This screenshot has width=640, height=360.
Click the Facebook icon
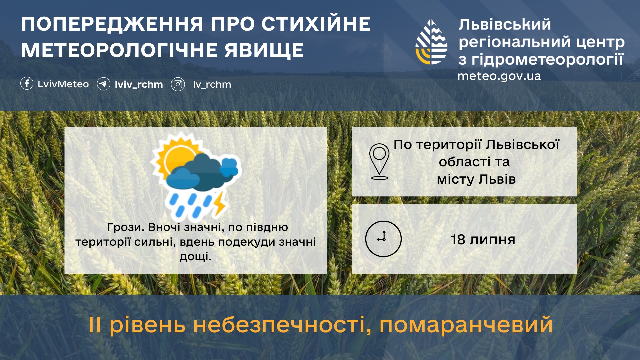tap(27, 83)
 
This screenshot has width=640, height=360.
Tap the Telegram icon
tap(104, 84)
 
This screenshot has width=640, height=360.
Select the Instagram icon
tap(178, 84)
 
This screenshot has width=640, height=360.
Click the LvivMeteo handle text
tap(63, 84)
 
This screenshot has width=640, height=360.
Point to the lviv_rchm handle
tap(139, 85)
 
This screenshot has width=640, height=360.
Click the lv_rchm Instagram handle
tap(212, 85)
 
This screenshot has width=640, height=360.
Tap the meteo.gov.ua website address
tap(499, 76)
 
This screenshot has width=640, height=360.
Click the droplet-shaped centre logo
tap(431, 42)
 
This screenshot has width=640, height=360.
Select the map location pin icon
tap(379, 162)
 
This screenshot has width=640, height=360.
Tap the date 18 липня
tap(483, 240)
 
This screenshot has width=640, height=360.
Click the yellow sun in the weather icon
tap(175, 157)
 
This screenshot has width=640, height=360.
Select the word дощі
tap(196, 257)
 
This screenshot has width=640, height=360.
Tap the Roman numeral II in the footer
tap(95, 325)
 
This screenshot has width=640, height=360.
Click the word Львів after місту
tap(497, 179)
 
